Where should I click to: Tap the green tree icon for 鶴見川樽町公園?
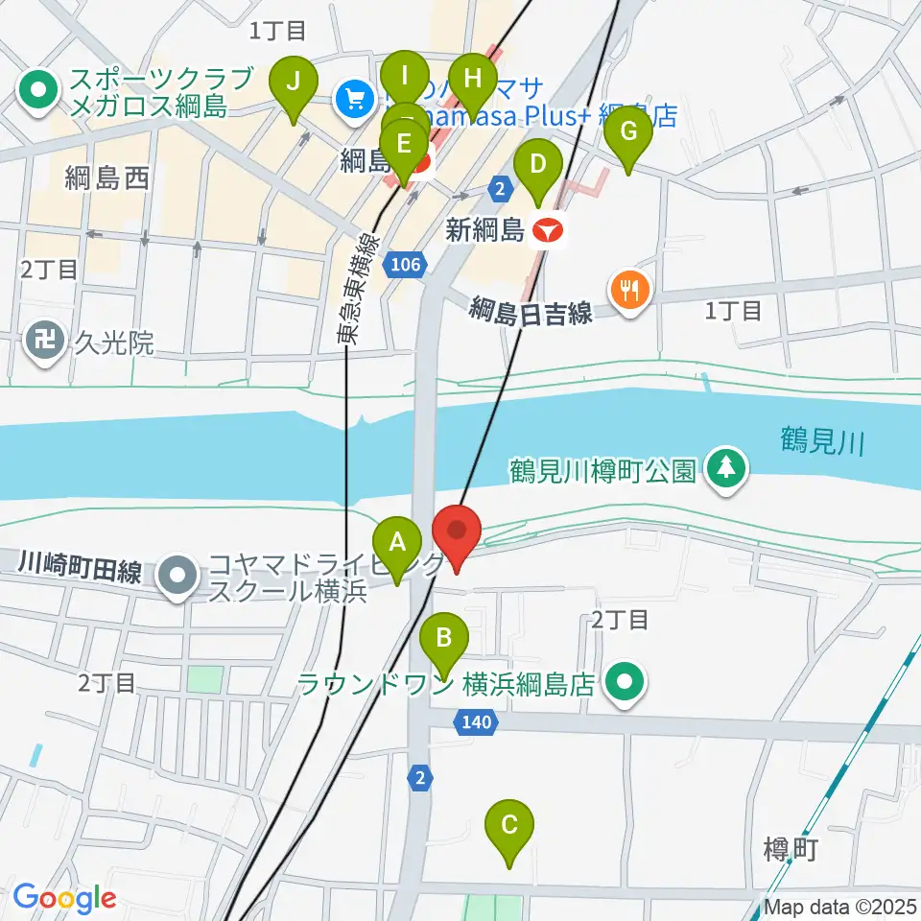tap(726, 469)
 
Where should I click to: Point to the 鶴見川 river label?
tap(822, 442)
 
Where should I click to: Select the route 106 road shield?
tap(407, 264)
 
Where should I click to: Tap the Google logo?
tap(64, 898)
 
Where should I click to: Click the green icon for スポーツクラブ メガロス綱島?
tap(38, 92)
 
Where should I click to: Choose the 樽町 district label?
tap(790, 848)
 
